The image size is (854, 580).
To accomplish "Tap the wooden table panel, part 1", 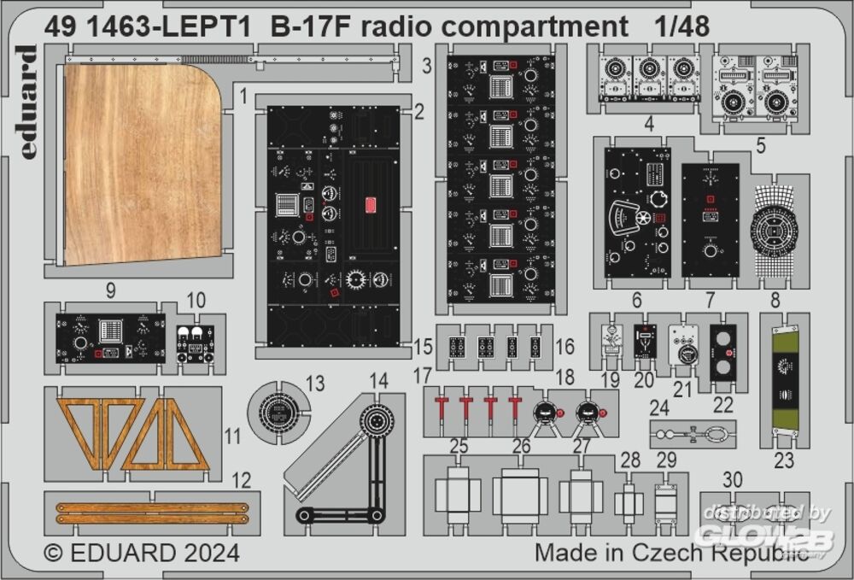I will [x=141, y=162].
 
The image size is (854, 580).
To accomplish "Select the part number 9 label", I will [x=110, y=290].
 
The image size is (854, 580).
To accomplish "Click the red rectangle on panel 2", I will [x=371, y=204].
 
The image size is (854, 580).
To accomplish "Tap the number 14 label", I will [x=378, y=380].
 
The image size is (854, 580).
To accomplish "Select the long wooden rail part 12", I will [x=152, y=513].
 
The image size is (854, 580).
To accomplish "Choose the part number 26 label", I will [x=521, y=446].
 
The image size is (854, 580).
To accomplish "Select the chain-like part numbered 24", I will [x=692, y=434].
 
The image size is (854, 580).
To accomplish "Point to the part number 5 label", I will [x=759, y=144].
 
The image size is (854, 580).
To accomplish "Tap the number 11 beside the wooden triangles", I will [x=231, y=436].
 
